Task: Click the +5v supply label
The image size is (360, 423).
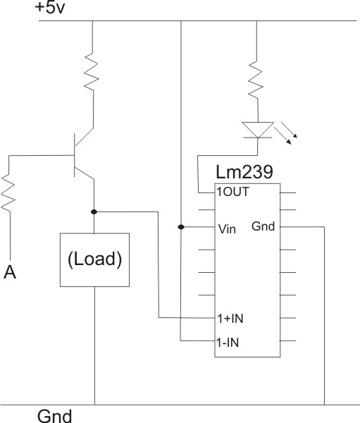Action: (50, 8)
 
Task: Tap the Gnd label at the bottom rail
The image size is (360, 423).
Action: (55, 416)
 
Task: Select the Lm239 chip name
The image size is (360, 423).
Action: (244, 172)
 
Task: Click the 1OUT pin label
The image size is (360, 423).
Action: (232, 192)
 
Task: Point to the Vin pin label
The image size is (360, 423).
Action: (227, 229)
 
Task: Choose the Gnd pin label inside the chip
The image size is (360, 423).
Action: (263, 226)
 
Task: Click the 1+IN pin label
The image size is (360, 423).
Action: (230, 319)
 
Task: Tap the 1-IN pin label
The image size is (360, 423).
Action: (228, 343)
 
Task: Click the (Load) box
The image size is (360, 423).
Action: (94, 259)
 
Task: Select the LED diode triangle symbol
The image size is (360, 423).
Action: (258, 130)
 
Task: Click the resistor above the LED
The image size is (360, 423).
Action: (255, 80)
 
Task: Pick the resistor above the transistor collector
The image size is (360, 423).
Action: (92, 71)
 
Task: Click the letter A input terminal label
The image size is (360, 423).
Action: (10, 272)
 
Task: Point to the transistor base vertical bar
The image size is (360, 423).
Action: (74, 155)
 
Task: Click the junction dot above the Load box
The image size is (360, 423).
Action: (94, 212)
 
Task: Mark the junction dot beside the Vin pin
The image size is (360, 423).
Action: (181, 227)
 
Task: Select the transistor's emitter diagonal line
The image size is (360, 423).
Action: (84, 173)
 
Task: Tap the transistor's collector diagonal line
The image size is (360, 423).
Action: (84, 137)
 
